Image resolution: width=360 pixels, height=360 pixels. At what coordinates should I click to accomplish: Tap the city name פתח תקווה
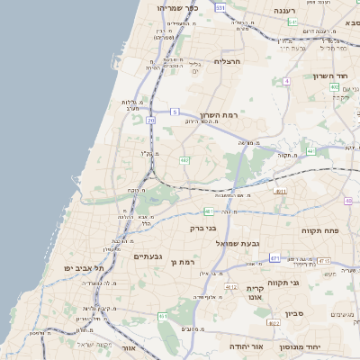pyautogui.click(x=320, y=230)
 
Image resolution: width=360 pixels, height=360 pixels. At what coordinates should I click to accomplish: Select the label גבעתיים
pyautogui.click(x=147, y=256)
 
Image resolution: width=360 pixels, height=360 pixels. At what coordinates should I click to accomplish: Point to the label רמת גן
pyautogui.click(x=182, y=261)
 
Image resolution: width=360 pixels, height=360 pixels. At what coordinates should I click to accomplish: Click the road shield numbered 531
pyautogui.click(x=221, y=7)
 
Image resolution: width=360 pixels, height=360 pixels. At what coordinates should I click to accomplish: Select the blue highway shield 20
pyautogui.click(x=150, y=119)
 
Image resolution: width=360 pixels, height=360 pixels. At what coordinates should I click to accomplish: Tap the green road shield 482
pyautogui.click(x=184, y=160)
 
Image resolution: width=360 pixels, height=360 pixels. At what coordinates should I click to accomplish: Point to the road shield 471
pyautogui.click(x=274, y=257)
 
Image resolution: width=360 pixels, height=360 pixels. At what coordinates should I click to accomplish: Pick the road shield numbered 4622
pyautogui.click(x=274, y=321)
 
